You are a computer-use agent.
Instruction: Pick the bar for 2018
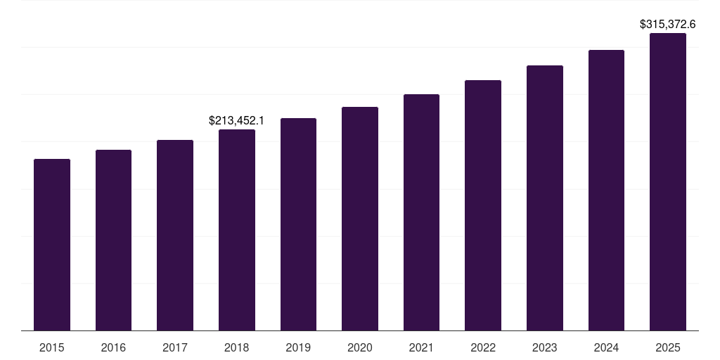(x=237, y=230)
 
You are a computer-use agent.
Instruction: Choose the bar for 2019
(x=298, y=224)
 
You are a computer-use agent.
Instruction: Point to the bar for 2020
(x=360, y=219)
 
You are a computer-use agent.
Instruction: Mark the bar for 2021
(x=421, y=212)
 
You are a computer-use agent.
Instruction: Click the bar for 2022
(x=483, y=205)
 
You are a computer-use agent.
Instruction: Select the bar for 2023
(x=545, y=198)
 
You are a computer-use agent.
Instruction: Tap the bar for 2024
(x=606, y=190)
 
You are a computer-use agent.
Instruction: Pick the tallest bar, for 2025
(x=668, y=181)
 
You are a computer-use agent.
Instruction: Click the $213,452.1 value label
(x=237, y=121)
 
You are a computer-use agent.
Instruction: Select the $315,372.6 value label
(x=668, y=24)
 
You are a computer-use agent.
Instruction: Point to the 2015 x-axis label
(x=52, y=347)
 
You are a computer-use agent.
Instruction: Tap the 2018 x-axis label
(x=237, y=347)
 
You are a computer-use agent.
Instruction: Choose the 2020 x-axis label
(x=360, y=347)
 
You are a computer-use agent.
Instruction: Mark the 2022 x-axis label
(x=483, y=347)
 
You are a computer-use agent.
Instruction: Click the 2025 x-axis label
(x=668, y=347)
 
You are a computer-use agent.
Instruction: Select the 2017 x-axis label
(x=175, y=347)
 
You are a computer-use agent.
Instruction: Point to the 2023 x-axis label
(x=545, y=347)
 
